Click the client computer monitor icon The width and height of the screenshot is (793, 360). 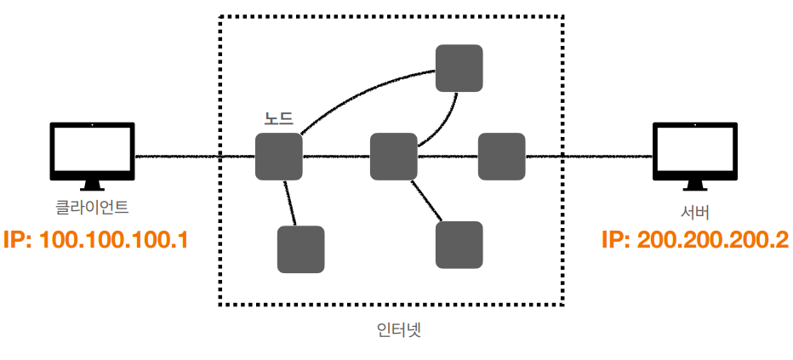(91, 151)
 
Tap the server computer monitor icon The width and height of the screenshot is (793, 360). (694, 151)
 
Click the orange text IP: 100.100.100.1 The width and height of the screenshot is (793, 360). (94, 239)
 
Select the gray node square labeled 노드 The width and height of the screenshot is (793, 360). (279, 156)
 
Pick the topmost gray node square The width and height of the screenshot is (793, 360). (459, 68)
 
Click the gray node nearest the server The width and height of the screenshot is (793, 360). (501, 156)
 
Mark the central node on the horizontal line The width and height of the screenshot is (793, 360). (394, 156)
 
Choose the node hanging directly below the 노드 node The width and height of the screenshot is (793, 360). (300, 249)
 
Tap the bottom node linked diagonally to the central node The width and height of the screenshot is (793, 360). (459, 244)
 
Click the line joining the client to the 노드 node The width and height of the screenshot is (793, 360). (196, 157)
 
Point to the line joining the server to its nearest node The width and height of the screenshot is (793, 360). (587, 157)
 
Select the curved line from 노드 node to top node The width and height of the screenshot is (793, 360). (357, 92)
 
